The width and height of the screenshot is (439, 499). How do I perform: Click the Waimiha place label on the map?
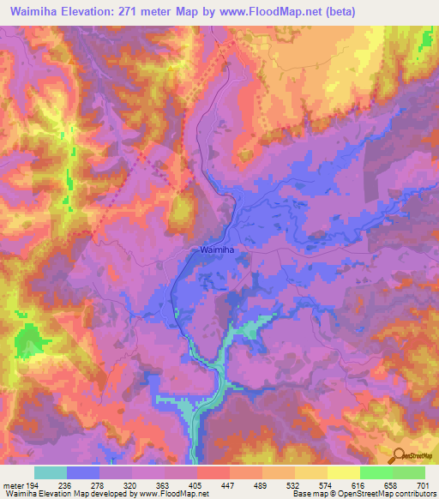pyautogui.click(x=217, y=249)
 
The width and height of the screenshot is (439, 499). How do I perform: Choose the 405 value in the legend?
pyautogui.click(x=196, y=485)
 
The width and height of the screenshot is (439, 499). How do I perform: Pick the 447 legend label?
pyautogui.click(x=229, y=485)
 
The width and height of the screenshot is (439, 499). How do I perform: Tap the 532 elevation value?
pyautogui.click(x=293, y=485)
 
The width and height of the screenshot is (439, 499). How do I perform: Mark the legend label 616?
pyautogui.click(x=358, y=485)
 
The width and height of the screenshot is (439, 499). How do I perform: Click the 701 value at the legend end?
pyautogui.click(x=423, y=485)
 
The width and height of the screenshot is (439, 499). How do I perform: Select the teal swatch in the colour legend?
pyautogui.click(x=51, y=472)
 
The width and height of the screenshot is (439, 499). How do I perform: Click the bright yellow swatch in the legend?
pyautogui.click(x=342, y=472)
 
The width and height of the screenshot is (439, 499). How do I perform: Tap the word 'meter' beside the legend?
pyautogui.click(x=12, y=485)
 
